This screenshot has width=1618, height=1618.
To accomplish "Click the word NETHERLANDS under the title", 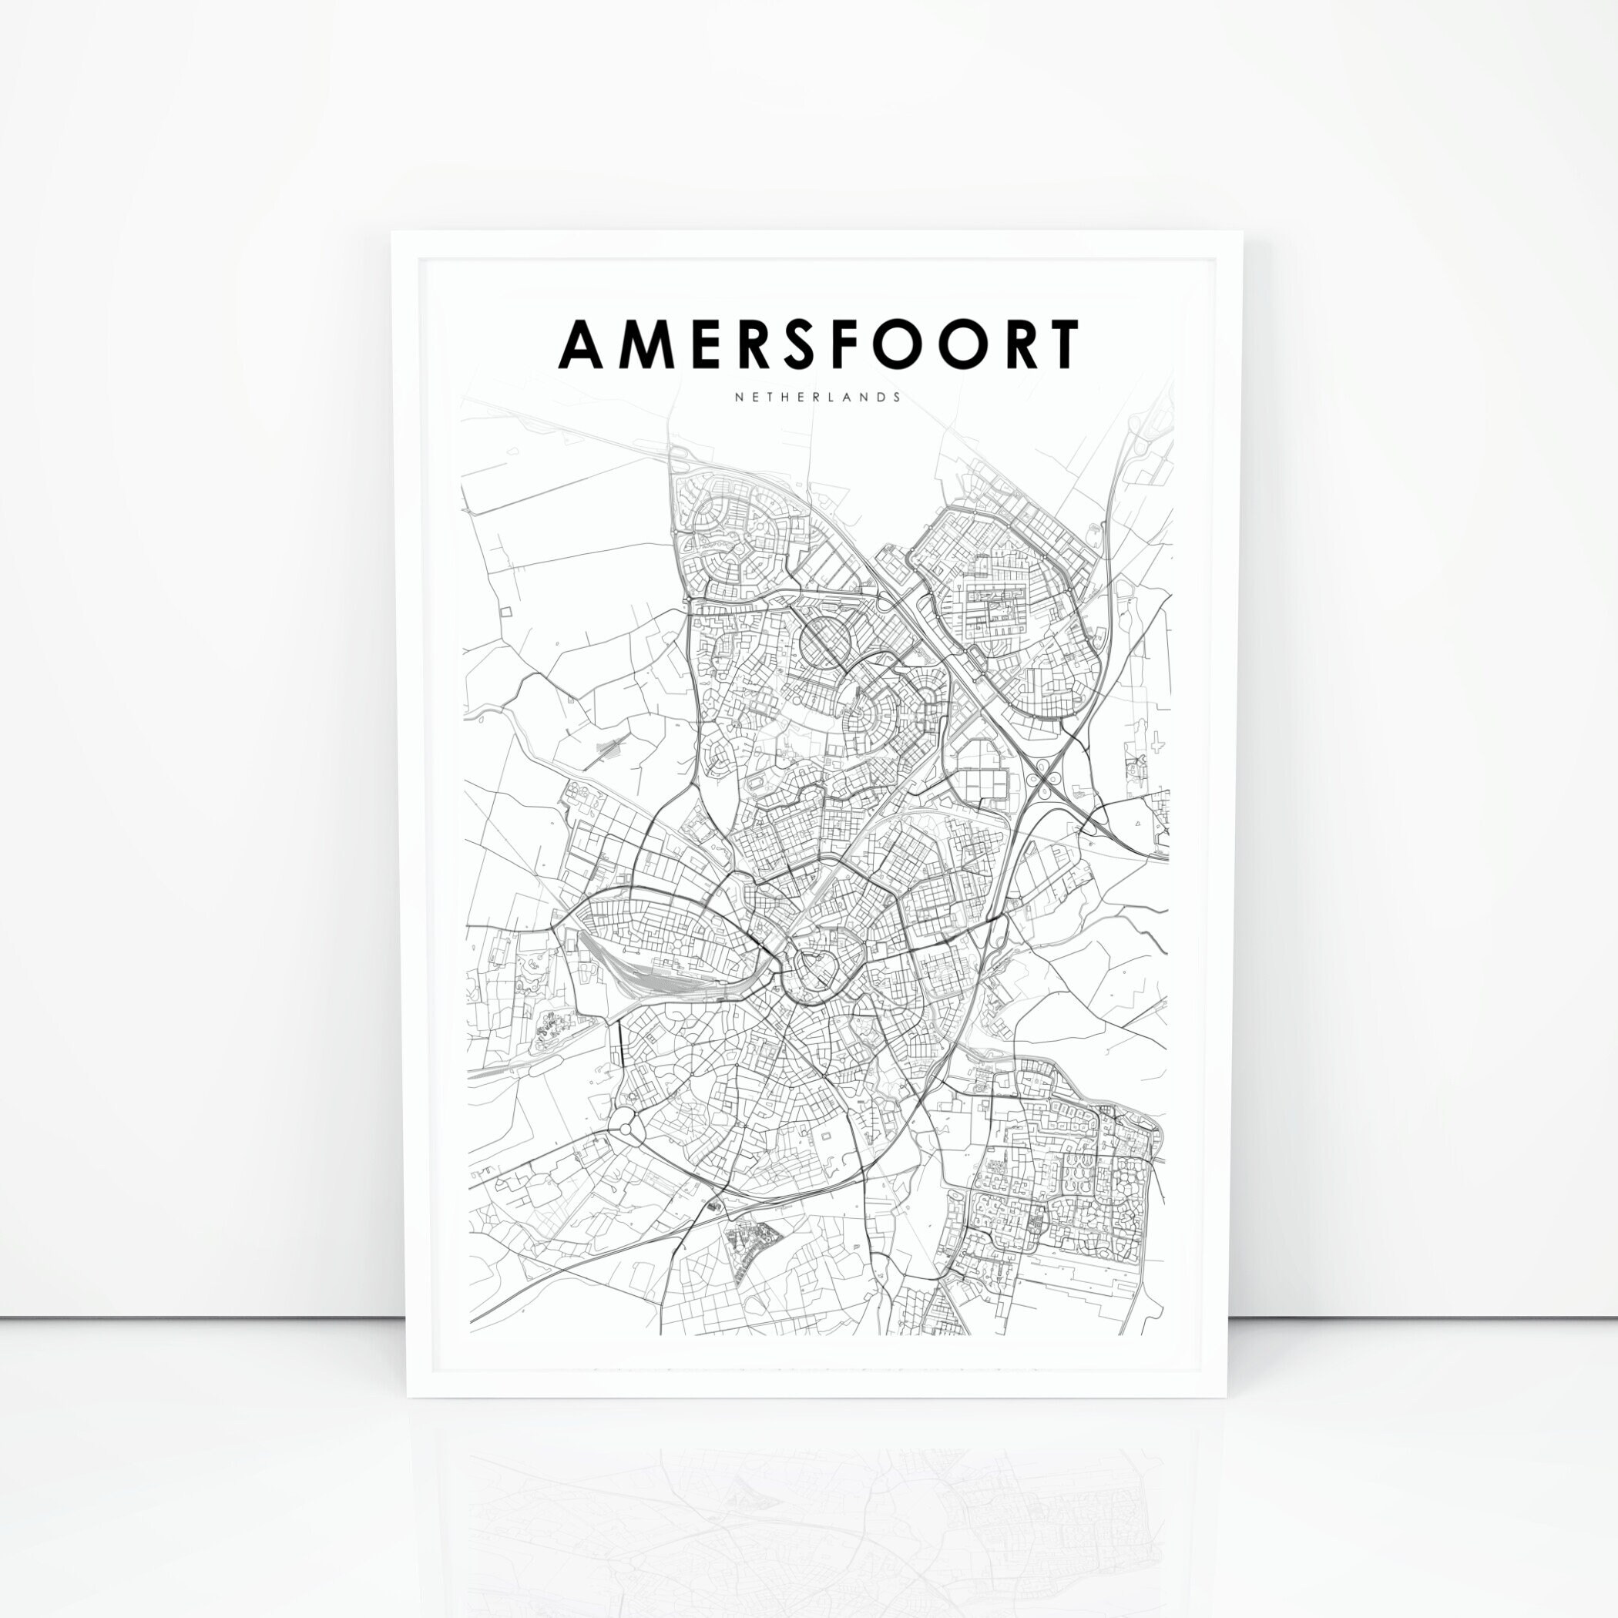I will pos(818,397).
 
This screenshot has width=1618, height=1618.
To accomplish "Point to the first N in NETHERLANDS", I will pos(739,397).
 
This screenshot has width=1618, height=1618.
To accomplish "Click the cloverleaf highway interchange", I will pos(1044,784).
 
